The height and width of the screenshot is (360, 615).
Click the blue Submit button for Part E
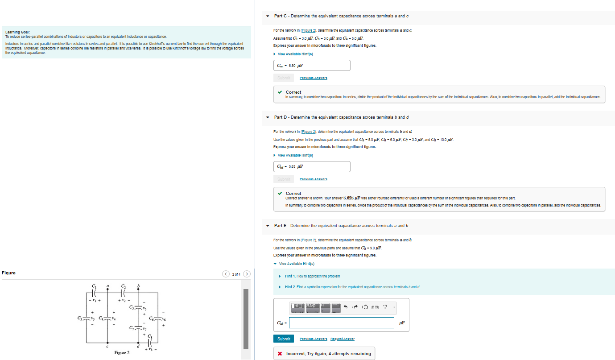[284, 339]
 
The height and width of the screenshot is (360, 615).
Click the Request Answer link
[343, 339]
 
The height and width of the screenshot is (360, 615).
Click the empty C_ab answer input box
[341, 323]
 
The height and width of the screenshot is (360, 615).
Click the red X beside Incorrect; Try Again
[280, 354]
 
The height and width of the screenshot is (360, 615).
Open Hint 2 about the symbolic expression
[351, 287]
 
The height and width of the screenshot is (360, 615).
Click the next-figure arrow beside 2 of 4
[247, 273]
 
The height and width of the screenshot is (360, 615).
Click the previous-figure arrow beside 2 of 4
[227, 273]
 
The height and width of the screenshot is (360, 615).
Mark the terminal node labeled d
[139, 343]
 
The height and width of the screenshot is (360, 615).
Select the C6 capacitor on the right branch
[159, 318]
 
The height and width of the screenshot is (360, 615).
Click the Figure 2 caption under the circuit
[122, 353]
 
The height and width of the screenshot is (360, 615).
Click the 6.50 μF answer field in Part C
[312, 65]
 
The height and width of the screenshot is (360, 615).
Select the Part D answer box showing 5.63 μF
[312, 166]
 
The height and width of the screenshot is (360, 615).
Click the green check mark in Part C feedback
[280, 92]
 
